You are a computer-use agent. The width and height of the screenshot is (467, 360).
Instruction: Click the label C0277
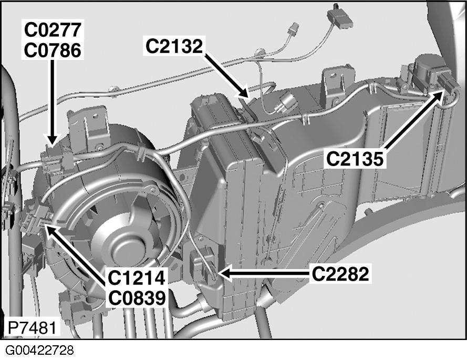point(51,31)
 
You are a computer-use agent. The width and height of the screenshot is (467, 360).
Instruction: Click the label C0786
point(51,51)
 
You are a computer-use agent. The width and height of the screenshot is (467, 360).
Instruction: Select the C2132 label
point(174,47)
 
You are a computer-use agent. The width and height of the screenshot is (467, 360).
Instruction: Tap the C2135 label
point(355,158)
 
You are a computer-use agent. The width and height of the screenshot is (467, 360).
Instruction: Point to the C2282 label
point(340,274)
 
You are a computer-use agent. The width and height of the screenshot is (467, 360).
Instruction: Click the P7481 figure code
point(30,327)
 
